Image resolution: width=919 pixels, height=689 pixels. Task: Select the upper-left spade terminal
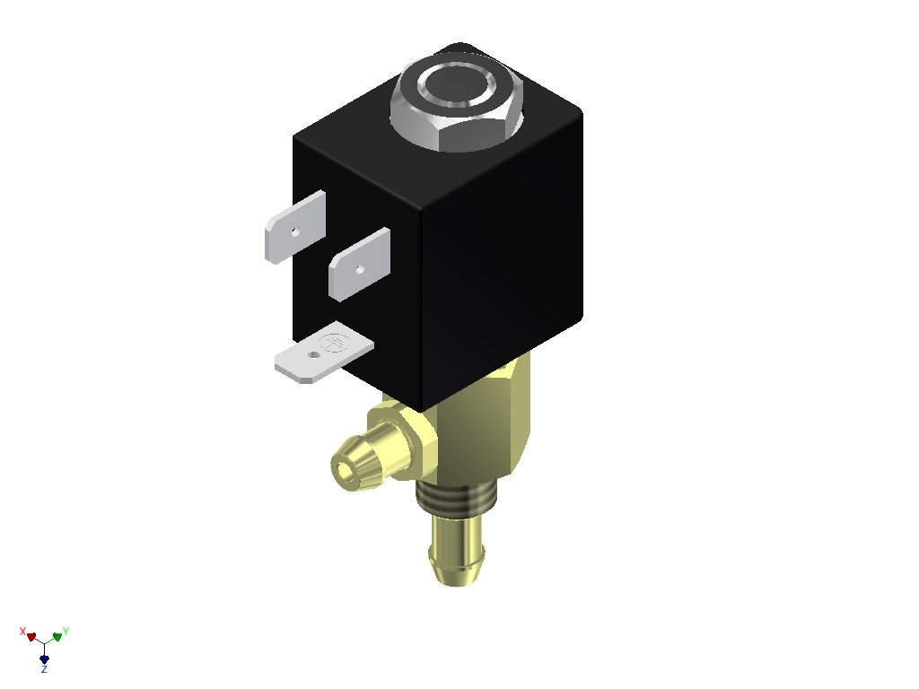coord(294,227)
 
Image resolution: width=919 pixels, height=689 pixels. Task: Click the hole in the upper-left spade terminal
coord(295,231)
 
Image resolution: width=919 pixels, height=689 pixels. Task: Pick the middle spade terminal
coord(359,265)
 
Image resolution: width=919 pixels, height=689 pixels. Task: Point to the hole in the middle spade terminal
coord(360,269)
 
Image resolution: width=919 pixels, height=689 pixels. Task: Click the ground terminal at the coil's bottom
coord(323,353)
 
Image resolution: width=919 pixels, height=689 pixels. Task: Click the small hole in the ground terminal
coord(314,355)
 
